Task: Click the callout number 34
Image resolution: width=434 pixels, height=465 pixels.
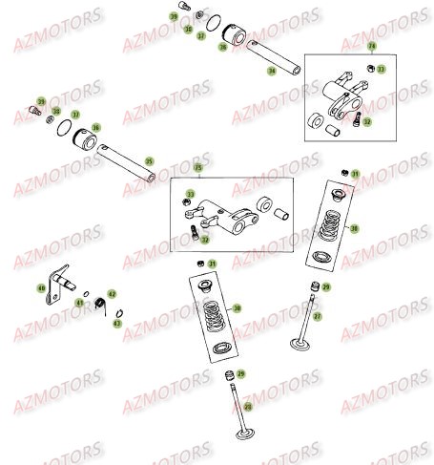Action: (x=272, y=71)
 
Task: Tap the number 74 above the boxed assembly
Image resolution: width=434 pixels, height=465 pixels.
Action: (x=372, y=46)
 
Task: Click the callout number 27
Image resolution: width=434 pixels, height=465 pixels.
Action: (x=318, y=315)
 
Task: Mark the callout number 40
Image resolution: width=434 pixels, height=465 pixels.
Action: (x=41, y=287)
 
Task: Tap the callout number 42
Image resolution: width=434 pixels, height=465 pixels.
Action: (x=112, y=294)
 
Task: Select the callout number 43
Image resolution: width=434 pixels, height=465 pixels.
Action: (x=117, y=324)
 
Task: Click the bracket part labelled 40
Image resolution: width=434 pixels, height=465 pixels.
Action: (x=65, y=282)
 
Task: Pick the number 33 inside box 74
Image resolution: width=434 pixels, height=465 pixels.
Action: (x=382, y=69)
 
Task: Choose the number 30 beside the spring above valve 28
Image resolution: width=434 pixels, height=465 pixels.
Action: (x=238, y=308)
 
